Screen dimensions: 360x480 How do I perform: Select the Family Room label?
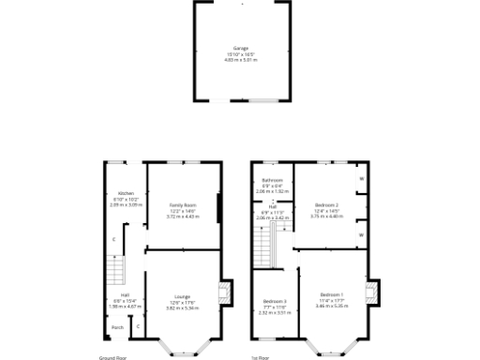pyautogui.click(x=183, y=204)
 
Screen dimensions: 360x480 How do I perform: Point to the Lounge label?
pyautogui.click(x=183, y=296)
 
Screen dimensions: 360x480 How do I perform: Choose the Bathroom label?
pyautogui.click(x=273, y=180)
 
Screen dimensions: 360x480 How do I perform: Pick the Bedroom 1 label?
pyautogui.click(x=331, y=295)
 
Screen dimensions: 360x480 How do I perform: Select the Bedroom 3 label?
pyautogui.click(x=274, y=301)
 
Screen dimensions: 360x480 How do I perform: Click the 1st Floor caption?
pyautogui.click(x=261, y=357)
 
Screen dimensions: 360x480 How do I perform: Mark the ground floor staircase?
pyautogui.click(x=113, y=273)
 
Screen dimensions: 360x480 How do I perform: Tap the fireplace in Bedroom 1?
pyautogui.click(x=375, y=292)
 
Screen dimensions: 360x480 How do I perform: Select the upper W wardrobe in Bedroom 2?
pyautogui.click(x=361, y=178)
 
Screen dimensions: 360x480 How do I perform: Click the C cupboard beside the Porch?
pyautogui.click(x=138, y=327)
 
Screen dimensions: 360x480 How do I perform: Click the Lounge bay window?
pyautogui.click(x=182, y=349)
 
